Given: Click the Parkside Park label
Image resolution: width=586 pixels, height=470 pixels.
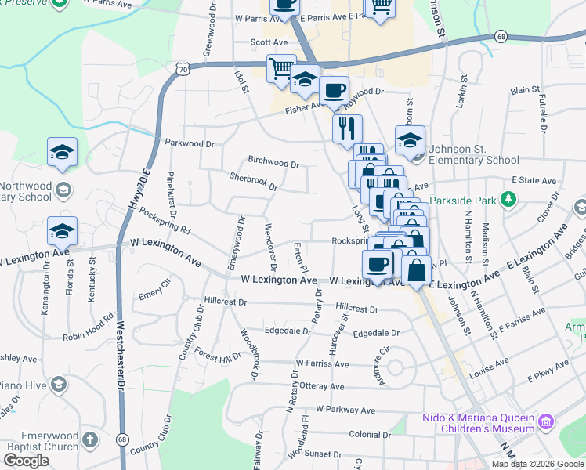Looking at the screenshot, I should click(462, 200).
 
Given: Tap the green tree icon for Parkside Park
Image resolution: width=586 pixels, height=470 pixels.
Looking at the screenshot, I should click(509, 200).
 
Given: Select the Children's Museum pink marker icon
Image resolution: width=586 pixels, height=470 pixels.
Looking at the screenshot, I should click(545, 423).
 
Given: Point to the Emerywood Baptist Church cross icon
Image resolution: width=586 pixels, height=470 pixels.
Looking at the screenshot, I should click(91, 438).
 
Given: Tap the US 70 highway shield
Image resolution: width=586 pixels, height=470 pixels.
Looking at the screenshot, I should click(183, 70).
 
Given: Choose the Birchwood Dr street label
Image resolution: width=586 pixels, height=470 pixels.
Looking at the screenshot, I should click(273, 164).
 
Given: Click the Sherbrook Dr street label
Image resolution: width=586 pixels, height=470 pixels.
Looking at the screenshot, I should click(252, 182).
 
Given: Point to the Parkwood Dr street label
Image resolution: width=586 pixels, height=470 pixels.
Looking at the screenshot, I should click(190, 144).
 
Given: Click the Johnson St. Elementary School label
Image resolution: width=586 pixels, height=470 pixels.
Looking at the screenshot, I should click(476, 161).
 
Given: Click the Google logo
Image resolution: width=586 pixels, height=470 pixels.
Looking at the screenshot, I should click(26, 461).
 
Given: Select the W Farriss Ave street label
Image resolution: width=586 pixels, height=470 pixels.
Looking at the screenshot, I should click(322, 364).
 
